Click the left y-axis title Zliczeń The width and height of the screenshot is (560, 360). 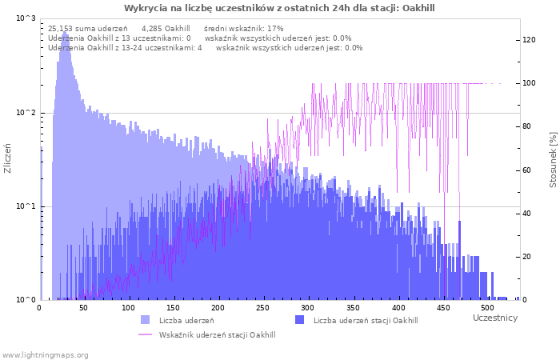click(8, 159)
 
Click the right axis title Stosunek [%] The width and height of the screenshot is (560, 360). click(552, 160)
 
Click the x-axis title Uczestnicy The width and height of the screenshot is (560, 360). click(494, 318)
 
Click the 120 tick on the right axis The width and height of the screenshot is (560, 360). click(530, 40)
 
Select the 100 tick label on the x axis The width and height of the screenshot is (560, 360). click(128, 307)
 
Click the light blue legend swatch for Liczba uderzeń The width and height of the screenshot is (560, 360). click(145, 320)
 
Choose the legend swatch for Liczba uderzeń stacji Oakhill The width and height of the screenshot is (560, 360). click(299, 320)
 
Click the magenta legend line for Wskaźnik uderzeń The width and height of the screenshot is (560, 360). click(145, 334)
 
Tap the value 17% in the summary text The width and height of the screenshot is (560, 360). click(275, 28)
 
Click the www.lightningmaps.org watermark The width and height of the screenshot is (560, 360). click(45, 354)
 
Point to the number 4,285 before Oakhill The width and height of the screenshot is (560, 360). click(153, 28)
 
